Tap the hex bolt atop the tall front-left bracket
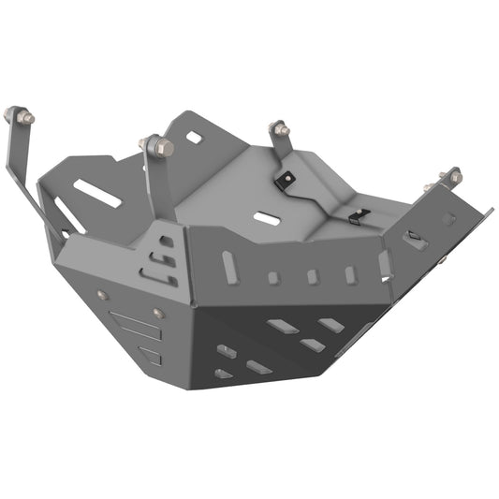pos(160,147)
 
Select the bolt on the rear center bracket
pos(277,128)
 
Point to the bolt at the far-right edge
pos(452,177)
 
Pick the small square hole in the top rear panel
pos(194,138)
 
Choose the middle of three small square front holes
pos(312,276)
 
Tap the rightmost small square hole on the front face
pos(350,274)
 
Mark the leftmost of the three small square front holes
pos(272,278)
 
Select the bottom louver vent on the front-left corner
pos(154,274)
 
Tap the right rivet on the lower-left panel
pos(156,312)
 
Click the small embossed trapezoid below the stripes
pos(150,355)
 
